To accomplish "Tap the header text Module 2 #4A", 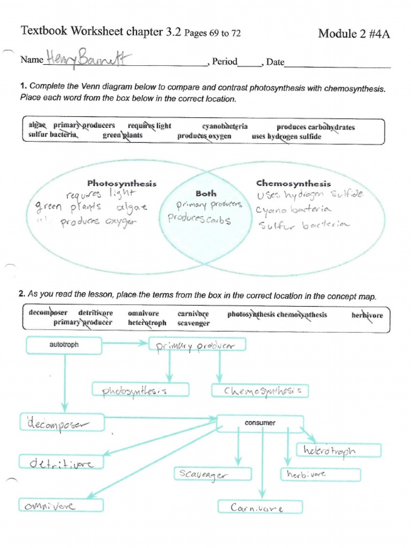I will (x=354, y=34).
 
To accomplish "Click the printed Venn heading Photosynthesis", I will (x=122, y=184).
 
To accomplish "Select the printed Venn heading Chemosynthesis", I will (x=293, y=184).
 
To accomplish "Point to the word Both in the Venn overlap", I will (x=206, y=194).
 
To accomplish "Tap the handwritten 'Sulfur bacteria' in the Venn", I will (x=303, y=225).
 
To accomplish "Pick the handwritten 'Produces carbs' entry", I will (x=199, y=219).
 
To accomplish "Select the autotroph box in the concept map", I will (x=64, y=345).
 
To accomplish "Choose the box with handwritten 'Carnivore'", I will (x=260, y=507).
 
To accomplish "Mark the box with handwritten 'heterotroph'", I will (x=338, y=451).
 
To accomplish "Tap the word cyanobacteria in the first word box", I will (x=225, y=126).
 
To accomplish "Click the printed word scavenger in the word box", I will (x=194, y=323).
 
